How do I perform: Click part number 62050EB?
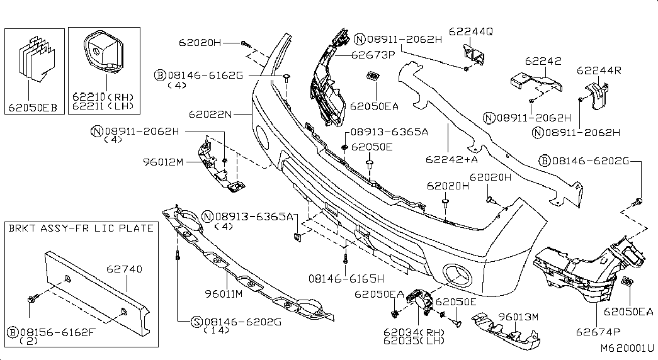pos(33,108)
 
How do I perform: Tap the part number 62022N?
pos(210,114)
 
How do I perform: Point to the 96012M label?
pos(163,162)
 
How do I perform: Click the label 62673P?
pos(373,55)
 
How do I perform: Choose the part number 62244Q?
pos(471,31)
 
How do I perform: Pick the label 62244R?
pos(599,70)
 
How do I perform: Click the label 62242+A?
pos(451,159)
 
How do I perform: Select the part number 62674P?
pos(598,332)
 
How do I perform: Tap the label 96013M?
pos(518,317)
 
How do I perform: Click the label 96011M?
pos(224,294)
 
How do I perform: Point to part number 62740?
pos(124,269)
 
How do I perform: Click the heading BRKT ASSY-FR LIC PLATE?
pos(81,228)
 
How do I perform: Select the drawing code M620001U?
pos(627,348)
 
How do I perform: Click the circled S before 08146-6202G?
pos(196,322)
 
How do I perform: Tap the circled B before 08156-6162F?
pos(13,333)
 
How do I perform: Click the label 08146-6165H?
pos(346,278)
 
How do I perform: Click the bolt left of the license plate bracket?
pos(32,299)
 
